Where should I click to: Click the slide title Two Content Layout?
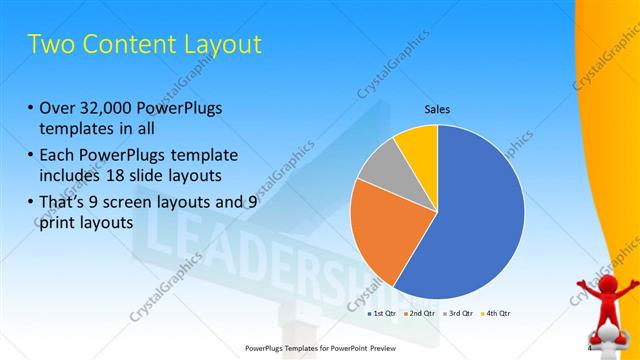tap(145, 45)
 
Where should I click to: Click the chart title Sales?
tap(438, 109)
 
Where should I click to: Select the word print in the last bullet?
tap(57, 224)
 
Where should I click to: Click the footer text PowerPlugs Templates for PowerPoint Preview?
tap(320, 348)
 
